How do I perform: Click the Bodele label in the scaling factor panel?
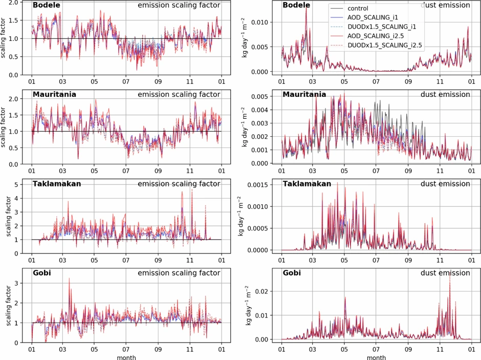click(48, 6)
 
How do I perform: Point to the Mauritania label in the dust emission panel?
click(304, 95)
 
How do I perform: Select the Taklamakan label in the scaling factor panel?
click(57, 184)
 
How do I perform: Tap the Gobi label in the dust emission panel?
click(292, 273)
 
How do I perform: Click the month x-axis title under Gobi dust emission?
click(376, 356)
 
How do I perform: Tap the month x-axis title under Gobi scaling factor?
click(126, 356)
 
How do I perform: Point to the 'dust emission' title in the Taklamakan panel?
click(445, 184)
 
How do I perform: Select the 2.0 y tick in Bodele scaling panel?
click(13, 3)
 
